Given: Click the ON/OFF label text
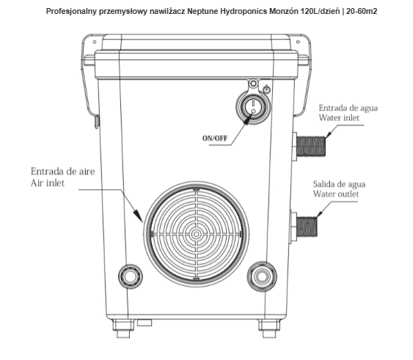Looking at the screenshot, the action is point(215,139).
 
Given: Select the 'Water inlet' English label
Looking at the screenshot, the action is point(339,117).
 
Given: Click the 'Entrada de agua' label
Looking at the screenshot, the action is point(348,108).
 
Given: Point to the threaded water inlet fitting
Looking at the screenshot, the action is point(311,146).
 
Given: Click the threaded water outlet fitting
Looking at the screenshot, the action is point(307,227).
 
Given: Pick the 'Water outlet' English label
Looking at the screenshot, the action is point(336,194).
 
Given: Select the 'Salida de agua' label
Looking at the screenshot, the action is point(339,184).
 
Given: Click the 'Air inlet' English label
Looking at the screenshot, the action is point(48,183).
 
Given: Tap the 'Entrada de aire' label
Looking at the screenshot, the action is point(62,172).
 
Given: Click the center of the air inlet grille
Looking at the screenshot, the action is point(196,234).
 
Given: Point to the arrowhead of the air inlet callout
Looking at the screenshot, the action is point(139,216).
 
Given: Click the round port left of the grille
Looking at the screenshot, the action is point(130,276).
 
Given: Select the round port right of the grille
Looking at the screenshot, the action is point(262,276).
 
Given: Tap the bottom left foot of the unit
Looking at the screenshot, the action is point(123,328).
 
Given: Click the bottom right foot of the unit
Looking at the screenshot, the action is point(269,328).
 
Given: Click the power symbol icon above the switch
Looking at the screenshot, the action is point(267,89).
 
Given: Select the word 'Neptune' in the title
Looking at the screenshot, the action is point(201,12).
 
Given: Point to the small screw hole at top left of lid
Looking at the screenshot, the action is point(95,42).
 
